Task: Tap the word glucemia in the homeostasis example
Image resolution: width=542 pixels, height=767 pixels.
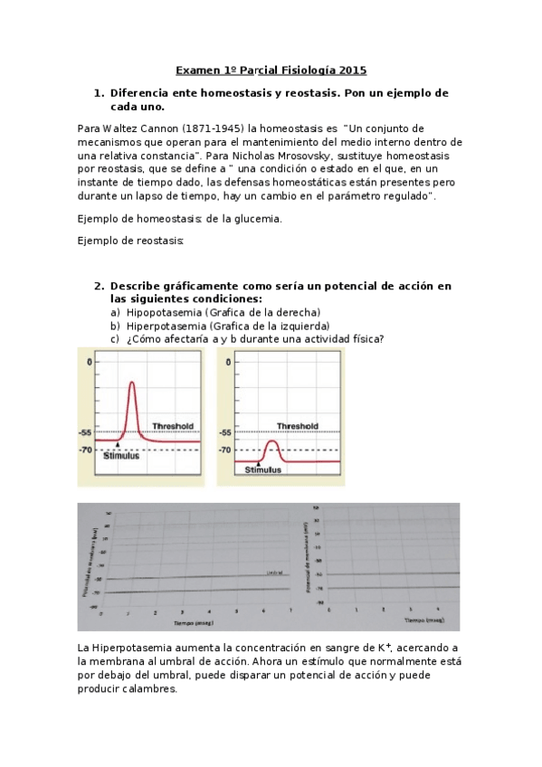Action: [260, 218]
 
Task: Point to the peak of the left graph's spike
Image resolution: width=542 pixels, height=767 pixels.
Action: [134, 383]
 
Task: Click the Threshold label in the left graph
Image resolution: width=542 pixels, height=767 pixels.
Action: [173, 425]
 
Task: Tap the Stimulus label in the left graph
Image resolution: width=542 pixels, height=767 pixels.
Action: [121, 457]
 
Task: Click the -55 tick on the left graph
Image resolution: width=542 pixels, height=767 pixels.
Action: [86, 433]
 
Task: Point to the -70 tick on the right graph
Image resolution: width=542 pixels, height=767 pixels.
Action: [224, 450]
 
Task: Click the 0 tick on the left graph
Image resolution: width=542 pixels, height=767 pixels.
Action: [89, 362]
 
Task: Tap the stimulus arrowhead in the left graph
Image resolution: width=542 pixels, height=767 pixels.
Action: [118, 447]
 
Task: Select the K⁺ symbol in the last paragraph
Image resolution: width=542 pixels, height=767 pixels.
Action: [384, 646]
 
